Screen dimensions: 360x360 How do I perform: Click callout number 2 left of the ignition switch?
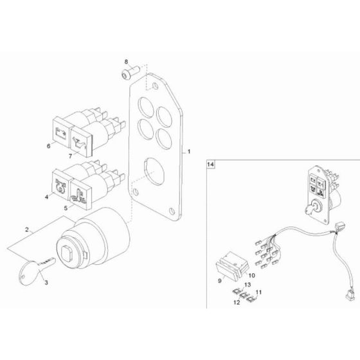[26, 229]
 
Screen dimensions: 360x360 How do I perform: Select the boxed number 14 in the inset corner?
[210, 165]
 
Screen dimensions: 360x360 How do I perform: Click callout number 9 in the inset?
[220, 280]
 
